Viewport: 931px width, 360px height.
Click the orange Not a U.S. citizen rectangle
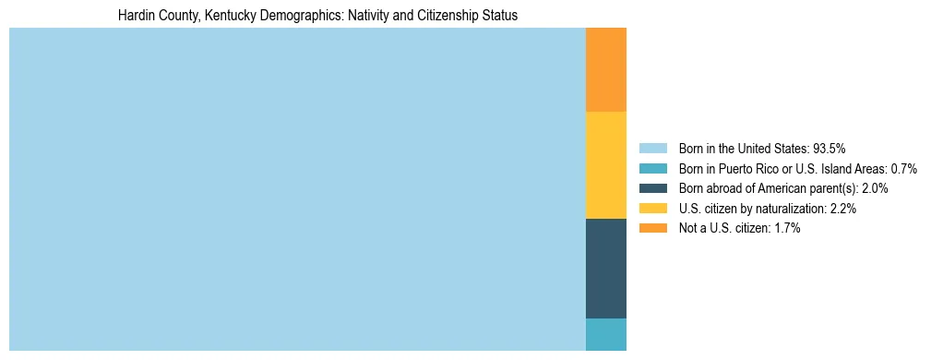click(605, 69)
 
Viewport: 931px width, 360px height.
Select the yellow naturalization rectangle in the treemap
click(605, 164)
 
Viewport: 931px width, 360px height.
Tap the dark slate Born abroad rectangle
click(605, 268)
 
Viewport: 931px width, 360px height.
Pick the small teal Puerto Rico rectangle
click(605, 334)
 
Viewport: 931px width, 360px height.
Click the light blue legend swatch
click(652, 149)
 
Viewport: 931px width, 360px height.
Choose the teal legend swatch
click(652, 169)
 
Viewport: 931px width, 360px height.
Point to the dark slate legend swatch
click(652, 188)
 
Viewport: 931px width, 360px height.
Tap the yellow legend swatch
click(652, 209)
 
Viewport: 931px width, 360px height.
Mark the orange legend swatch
click(652, 228)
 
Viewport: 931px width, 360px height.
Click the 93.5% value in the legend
click(829, 149)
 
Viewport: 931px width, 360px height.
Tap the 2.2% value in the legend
click(843, 209)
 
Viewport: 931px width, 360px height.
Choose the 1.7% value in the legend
click(787, 228)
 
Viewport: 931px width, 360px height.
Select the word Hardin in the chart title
click(135, 16)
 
